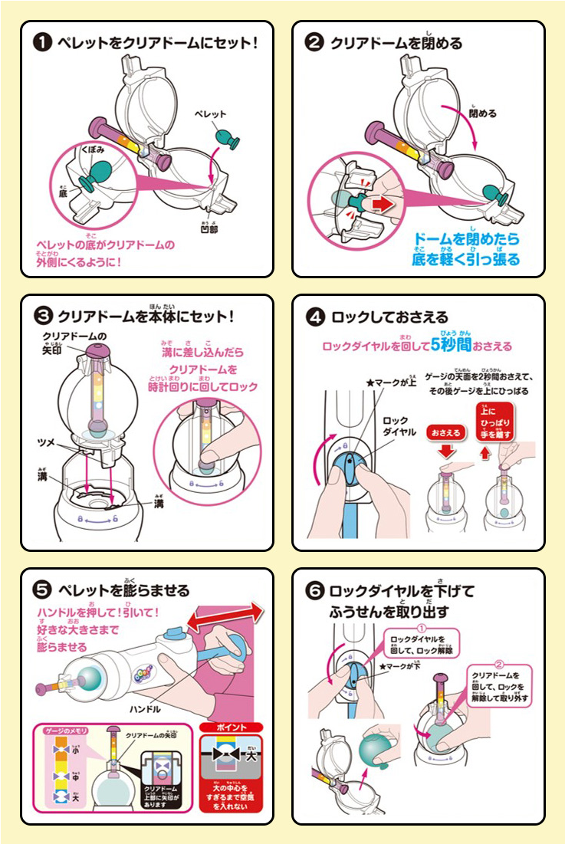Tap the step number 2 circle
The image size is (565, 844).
click(314, 43)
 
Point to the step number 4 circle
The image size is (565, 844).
click(314, 316)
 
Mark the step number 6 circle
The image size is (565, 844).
click(314, 591)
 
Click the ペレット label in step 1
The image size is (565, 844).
click(210, 113)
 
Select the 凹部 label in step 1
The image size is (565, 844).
click(208, 228)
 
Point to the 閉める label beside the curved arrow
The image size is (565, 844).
click(483, 113)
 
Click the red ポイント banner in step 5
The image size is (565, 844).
click(230, 726)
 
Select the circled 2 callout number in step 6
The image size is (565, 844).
click(499, 664)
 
